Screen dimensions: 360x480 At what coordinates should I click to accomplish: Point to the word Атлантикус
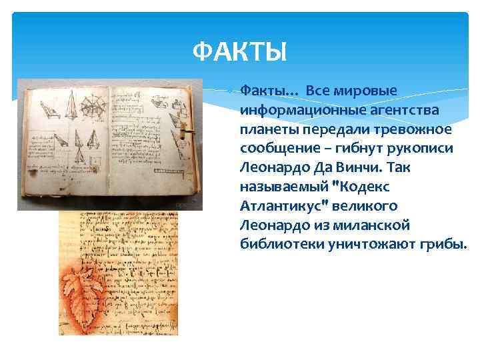coord(280,205)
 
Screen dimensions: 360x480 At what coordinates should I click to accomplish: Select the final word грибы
coord(445,244)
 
